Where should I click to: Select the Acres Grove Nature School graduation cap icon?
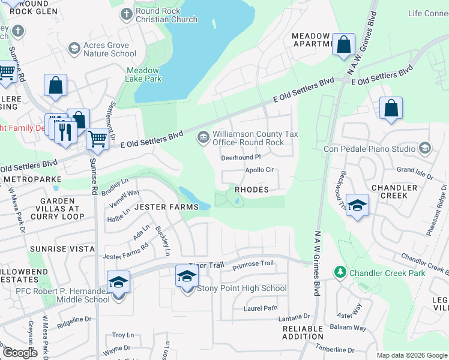point(74,48)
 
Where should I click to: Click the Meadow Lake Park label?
point(143,74)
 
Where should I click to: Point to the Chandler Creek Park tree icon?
point(340,273)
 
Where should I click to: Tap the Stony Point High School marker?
point(187,277)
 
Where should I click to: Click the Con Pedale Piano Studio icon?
point(425,148)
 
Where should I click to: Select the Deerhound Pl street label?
point(241,158)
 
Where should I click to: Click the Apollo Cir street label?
point(259,170)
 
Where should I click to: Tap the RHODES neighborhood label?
point(251,189)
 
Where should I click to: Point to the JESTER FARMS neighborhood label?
point(166,207)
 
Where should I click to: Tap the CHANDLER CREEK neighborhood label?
point(394,191)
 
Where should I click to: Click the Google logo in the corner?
point(20,353)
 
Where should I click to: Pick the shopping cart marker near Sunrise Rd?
point(97,140)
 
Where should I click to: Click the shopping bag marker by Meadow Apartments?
point(343,46)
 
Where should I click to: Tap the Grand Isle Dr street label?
point(414,170)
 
